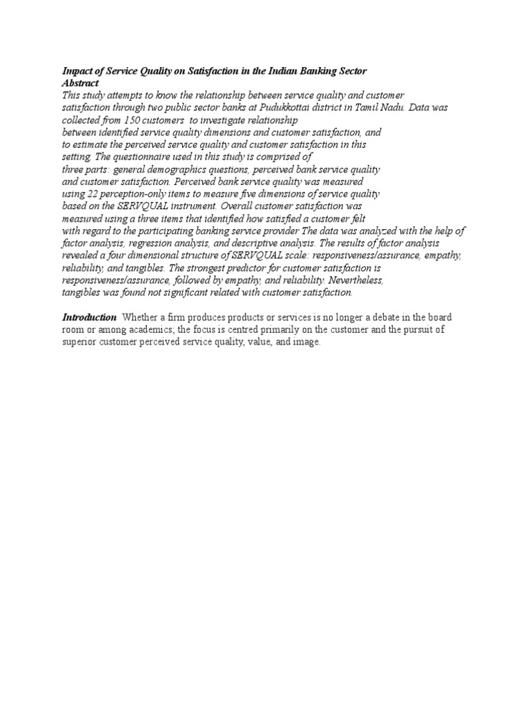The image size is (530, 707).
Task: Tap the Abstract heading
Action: point(81,83)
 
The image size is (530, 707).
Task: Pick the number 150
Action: point(127,120)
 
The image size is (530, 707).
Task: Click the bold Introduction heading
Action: point(90,318)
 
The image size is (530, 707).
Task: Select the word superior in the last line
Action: point(79,342)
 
